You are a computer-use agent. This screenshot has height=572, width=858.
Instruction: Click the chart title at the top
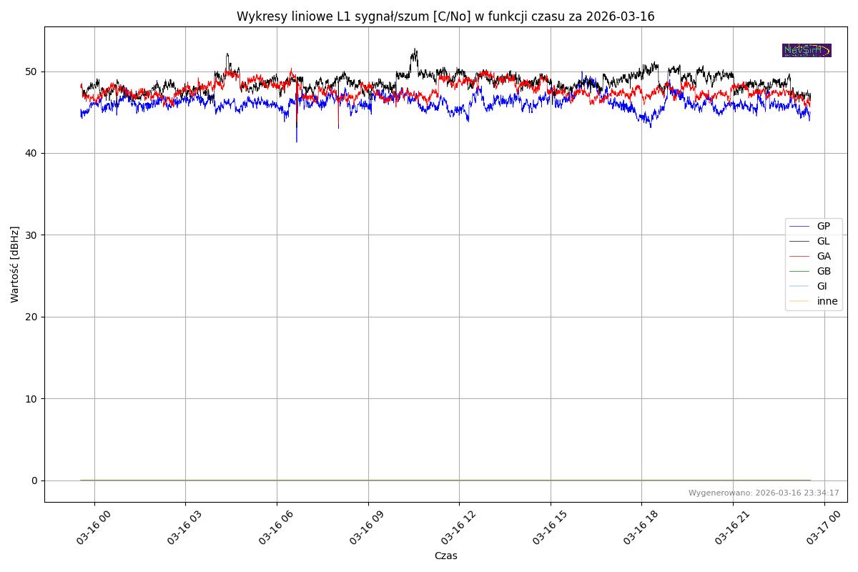[445, 16]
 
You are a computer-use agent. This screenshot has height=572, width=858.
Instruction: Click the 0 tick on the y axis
[34, 480]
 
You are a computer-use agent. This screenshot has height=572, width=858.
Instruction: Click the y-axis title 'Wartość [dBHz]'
[15, 265]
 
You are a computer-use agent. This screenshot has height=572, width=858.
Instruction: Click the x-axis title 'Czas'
[445, 556]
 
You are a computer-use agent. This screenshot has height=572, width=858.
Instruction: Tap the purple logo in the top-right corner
[807, 50]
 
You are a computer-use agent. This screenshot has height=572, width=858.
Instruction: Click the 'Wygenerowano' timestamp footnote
[764, 493]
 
